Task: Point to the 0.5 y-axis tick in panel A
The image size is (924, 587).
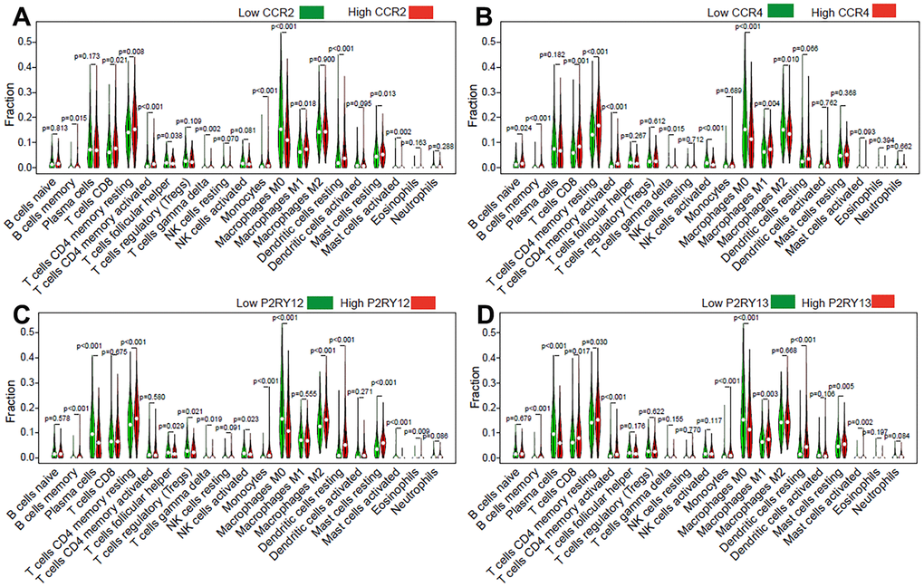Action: pos(33,42)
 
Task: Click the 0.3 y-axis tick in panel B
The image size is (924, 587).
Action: pos(495,92)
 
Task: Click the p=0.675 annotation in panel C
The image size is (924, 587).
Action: pos(114,351)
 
